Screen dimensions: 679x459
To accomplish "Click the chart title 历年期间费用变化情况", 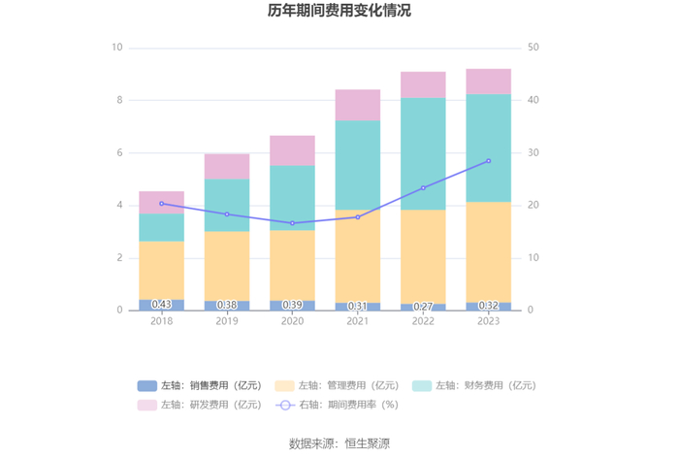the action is point(339,11).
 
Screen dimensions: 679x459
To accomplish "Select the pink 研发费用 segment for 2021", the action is point(358,105).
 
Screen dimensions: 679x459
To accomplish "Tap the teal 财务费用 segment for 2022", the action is point(423,153).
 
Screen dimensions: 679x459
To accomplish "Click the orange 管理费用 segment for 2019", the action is point(227,266).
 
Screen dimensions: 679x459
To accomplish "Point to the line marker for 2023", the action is point(489,161).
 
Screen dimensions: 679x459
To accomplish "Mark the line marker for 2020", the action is point(292,223).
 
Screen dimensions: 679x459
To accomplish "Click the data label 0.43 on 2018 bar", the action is point(162,305).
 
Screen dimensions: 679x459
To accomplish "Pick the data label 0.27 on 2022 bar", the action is point(423,307).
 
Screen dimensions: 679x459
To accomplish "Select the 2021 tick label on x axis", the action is point(358,321).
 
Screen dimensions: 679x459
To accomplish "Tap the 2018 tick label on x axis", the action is point(162,321).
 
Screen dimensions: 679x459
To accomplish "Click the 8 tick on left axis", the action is point(119,100).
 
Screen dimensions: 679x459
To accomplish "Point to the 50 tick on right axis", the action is point(533,48).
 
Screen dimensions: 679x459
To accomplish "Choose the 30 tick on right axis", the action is point(533,153).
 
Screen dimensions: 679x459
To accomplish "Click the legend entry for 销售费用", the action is point(200,385).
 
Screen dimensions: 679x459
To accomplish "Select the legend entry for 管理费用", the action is point(337,385).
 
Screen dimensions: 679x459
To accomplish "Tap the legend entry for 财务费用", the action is point(474,385).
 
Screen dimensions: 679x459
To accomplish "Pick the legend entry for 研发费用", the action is point(200,405).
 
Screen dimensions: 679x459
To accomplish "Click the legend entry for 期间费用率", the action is point(337,405).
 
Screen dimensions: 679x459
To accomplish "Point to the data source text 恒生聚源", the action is point(368,443).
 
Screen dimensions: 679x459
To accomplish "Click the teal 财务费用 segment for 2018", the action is point(162,227).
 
